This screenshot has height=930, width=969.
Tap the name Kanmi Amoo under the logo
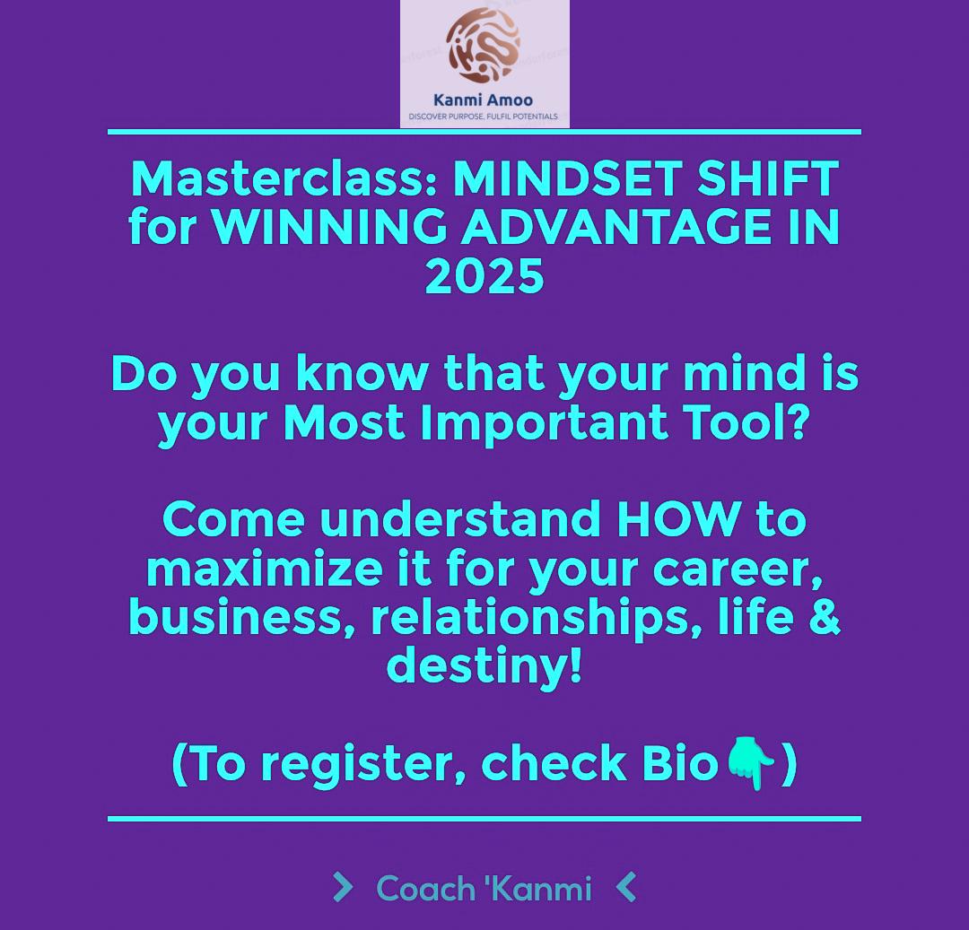[483, 100]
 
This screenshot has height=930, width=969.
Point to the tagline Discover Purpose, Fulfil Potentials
[483, 117]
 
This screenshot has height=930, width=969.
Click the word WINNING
[329, 227]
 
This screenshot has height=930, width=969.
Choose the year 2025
[484, 276]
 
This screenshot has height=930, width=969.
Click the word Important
[545, 423]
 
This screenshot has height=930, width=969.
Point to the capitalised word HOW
[679, 519]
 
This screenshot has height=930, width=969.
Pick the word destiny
[484, 666]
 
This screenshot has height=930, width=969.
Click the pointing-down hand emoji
[751, 763]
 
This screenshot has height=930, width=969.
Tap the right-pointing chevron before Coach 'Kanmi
[342, 888]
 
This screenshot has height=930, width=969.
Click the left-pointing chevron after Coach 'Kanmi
[627, 888]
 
